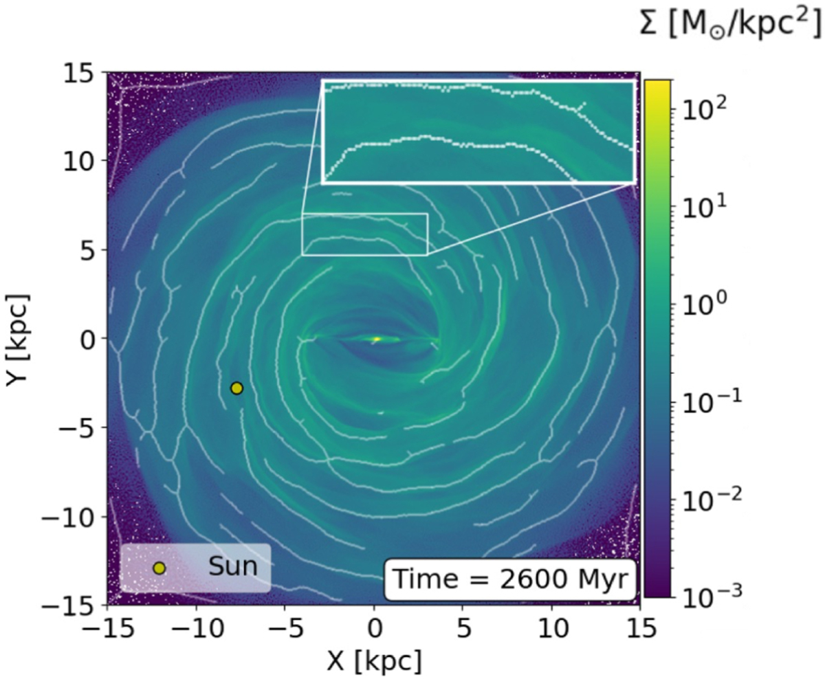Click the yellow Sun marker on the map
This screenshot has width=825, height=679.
pyautogui.click(x=236, y=388)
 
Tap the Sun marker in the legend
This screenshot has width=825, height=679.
pyautogui.click(x=159, y=569)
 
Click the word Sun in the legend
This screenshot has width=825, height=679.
pyautogui.click(x=233, y=566)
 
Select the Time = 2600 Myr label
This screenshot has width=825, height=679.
pyautogui.click(x=509, y=579)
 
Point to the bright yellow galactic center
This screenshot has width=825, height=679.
pyautogui.click(x=376, y=339)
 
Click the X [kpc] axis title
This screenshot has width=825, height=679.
pyautogui.click(x=375, y=661)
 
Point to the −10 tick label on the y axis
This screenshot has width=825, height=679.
pyautogui.click(x=69, y=517)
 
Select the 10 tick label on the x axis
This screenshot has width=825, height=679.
pyautogui.click(x=551, y=629)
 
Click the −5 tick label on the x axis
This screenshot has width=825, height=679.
pyautogui.click(x=285, y=629)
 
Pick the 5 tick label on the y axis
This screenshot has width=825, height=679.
pyautogui.click(x=90, y=250)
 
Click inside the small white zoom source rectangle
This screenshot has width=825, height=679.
pyautogui.click(x=364, y=234)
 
